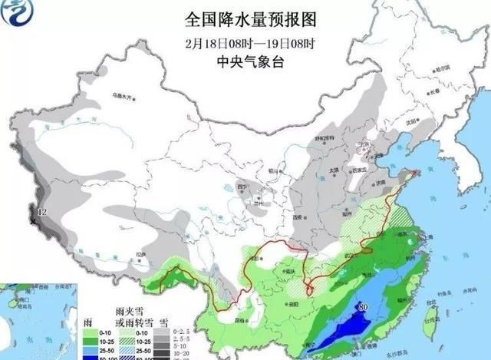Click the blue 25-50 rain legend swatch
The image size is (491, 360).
[89, 348]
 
